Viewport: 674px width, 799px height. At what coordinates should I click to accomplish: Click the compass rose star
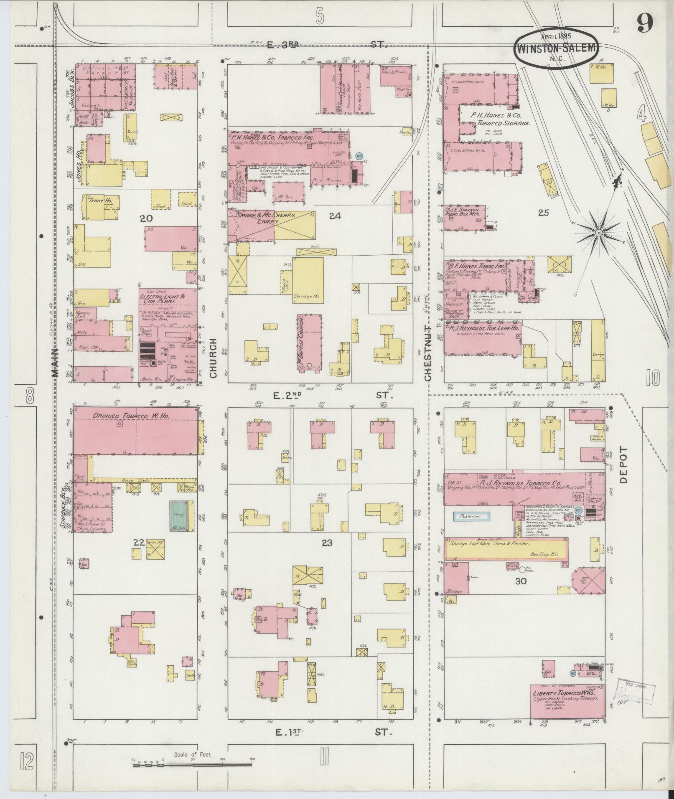598,232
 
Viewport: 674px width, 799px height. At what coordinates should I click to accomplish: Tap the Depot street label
623,465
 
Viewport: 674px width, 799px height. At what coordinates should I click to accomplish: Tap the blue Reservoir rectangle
472,516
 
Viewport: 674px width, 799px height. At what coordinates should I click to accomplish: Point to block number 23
327,543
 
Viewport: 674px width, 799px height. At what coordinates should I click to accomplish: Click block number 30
521,581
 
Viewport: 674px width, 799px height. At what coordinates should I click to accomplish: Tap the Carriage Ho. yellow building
308,280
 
